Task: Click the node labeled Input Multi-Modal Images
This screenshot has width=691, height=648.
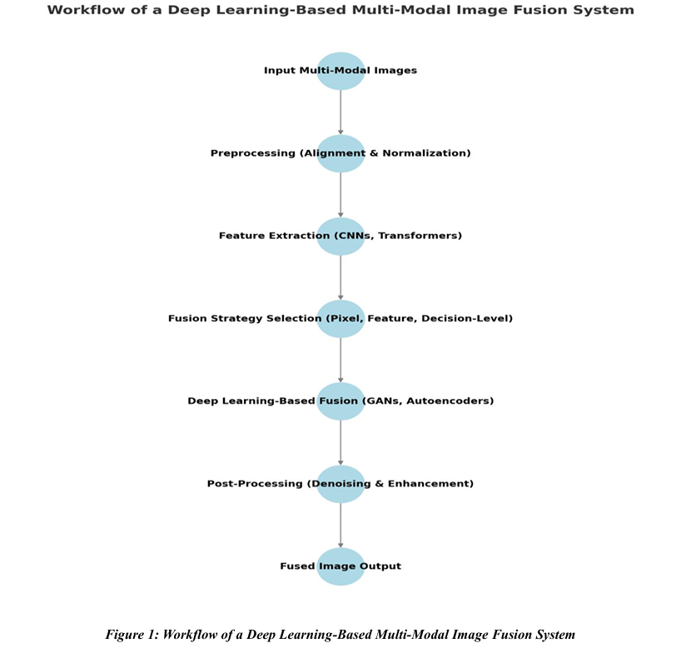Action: coord(341,71)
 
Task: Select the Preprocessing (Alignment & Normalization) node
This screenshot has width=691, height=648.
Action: coord(341,153)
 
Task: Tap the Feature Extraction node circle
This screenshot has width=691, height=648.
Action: coord(341,236)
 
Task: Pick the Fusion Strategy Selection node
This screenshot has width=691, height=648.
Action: coord(341,318)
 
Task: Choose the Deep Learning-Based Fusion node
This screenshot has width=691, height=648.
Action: coord(341,401)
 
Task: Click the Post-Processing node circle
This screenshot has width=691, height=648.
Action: coord(341,483)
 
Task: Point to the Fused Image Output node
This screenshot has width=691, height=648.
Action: coord(341,566)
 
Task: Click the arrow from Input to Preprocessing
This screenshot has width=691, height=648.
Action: coord(341,112)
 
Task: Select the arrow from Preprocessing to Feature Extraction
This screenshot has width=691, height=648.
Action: coord(341,194)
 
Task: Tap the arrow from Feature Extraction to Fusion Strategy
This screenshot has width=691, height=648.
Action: coord(341,277)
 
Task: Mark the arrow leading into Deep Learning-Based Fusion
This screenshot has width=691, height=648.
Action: coord(341,359)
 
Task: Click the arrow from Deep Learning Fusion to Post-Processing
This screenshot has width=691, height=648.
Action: coord(341,441)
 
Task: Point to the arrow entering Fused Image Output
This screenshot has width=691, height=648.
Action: coord(341,525)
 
